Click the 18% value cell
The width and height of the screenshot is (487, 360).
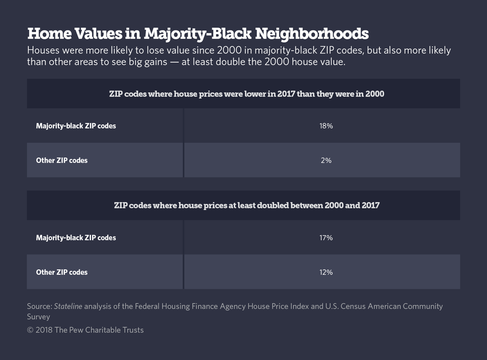(x=326, y=126)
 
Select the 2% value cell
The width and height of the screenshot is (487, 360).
(x=326, y=160)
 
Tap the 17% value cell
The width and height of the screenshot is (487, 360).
(x=326, y=238)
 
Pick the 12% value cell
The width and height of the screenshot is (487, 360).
(x=326, y=272)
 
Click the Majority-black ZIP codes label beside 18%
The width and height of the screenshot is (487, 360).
(x=76, y=126)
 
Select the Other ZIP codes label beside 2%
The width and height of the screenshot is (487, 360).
(x=62, y=160)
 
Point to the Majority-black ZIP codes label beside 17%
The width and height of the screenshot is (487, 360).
(x=76, y=238)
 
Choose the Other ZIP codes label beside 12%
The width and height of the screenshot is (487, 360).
(x=62, y=272)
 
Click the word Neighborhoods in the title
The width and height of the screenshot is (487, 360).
(x=312, y=34)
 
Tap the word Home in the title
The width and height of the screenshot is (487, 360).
(x=49, y=34)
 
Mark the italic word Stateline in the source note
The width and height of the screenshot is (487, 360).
(x=68, y=306)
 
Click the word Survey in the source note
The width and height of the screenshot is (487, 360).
(x=39, y=317)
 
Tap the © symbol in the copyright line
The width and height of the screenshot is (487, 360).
(x=30, y=330)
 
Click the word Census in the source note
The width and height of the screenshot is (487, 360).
(x=353, y=306)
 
